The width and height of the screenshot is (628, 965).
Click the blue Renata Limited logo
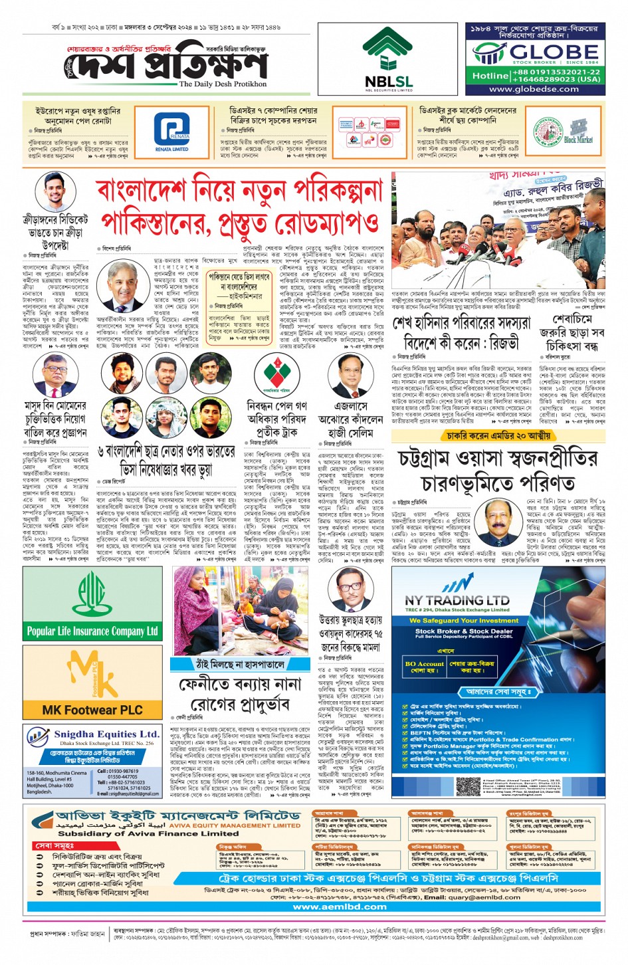[171, 130]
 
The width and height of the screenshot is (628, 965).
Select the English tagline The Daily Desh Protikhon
[223, 84]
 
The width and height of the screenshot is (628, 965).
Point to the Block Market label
[577, 140]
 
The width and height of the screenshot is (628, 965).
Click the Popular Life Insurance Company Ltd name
[92, 631]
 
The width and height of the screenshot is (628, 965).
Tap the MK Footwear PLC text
[92, 710]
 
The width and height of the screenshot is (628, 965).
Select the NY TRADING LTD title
[457, 600]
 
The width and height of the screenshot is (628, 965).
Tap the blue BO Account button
[424, 667]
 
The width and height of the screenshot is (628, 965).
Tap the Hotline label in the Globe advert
[490, 76]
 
